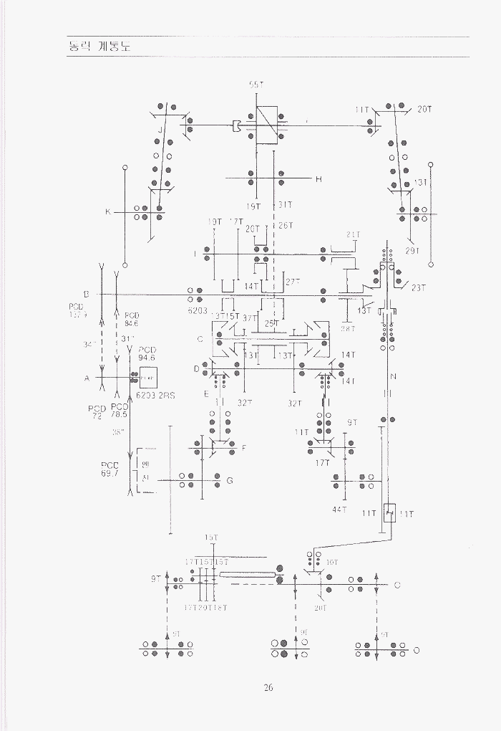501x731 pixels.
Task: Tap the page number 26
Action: (x=268, y=688)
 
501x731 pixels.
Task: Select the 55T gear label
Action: (x=256, y=85)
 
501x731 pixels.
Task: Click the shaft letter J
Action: (x=161, y=130)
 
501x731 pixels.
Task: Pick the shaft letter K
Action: (x=107, y=212)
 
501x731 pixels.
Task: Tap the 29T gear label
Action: (x=412, y=251)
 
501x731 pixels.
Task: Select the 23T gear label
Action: (x=418, y=288)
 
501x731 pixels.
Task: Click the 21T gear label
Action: (x=354, y=235)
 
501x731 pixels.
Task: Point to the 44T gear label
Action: (x=339, y=510)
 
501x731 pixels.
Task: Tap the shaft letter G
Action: (x=229, y=481)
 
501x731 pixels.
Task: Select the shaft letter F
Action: (x=243, y=449)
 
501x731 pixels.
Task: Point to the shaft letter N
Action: (x=393, y=377)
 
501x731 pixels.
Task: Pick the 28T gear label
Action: (x=348, y=328)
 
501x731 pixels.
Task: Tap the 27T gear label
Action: (x=293, y=282)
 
